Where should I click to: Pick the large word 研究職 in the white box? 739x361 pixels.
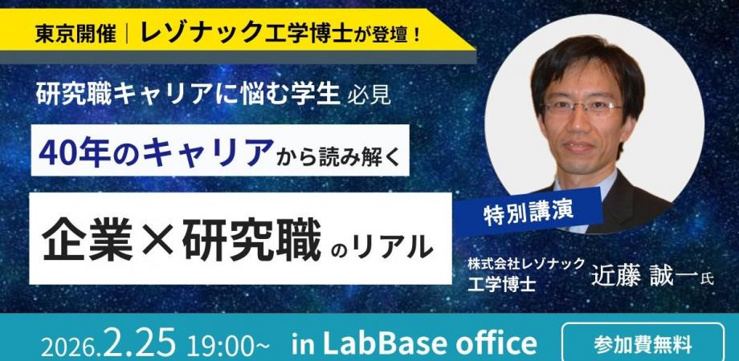[x=250, y=238]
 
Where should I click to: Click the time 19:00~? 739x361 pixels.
[x=229, y=346]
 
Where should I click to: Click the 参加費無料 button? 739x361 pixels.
[x=641, y=346]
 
